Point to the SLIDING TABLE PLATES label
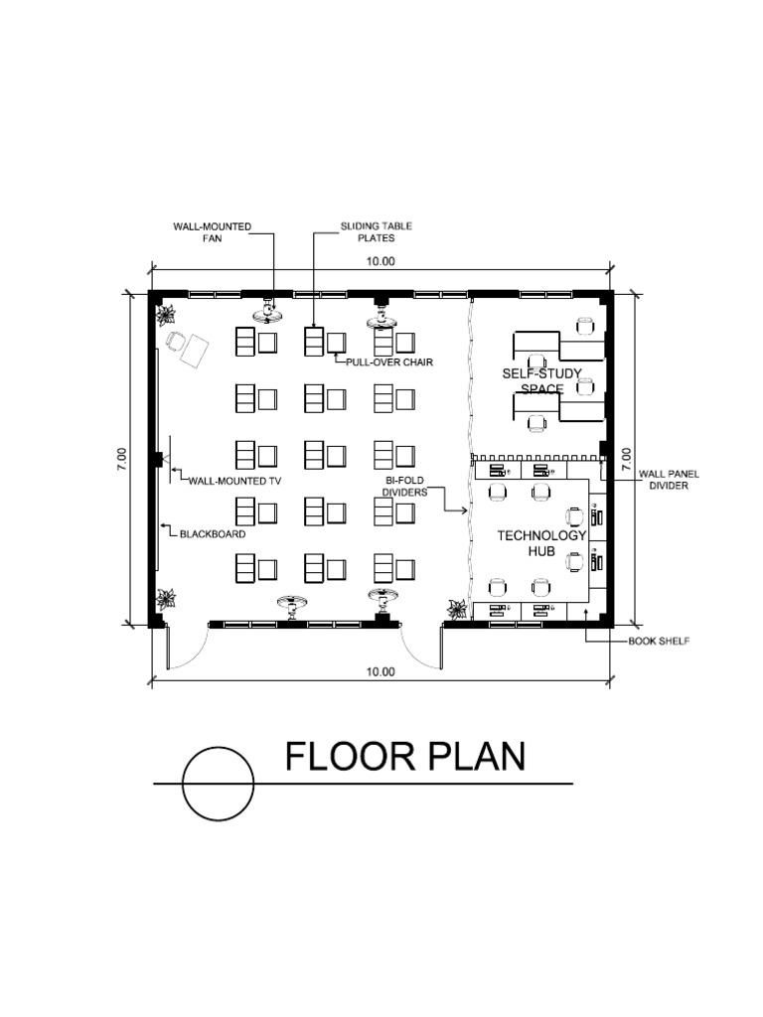[x=377, y=232]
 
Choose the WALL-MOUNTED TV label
[x=235, y=480]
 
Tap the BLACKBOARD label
[x=213, y=533]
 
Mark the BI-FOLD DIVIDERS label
[x=406, y=486]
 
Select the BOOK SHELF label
[x=659, y=642]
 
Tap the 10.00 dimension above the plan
[x=381, y=261]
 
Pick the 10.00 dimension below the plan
[x=381, y=671]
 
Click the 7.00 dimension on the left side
[x=121, y=459]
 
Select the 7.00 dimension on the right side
[x=626, y=459]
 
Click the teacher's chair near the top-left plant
[x=176, y=342]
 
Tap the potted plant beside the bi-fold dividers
[x=458, y=609]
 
